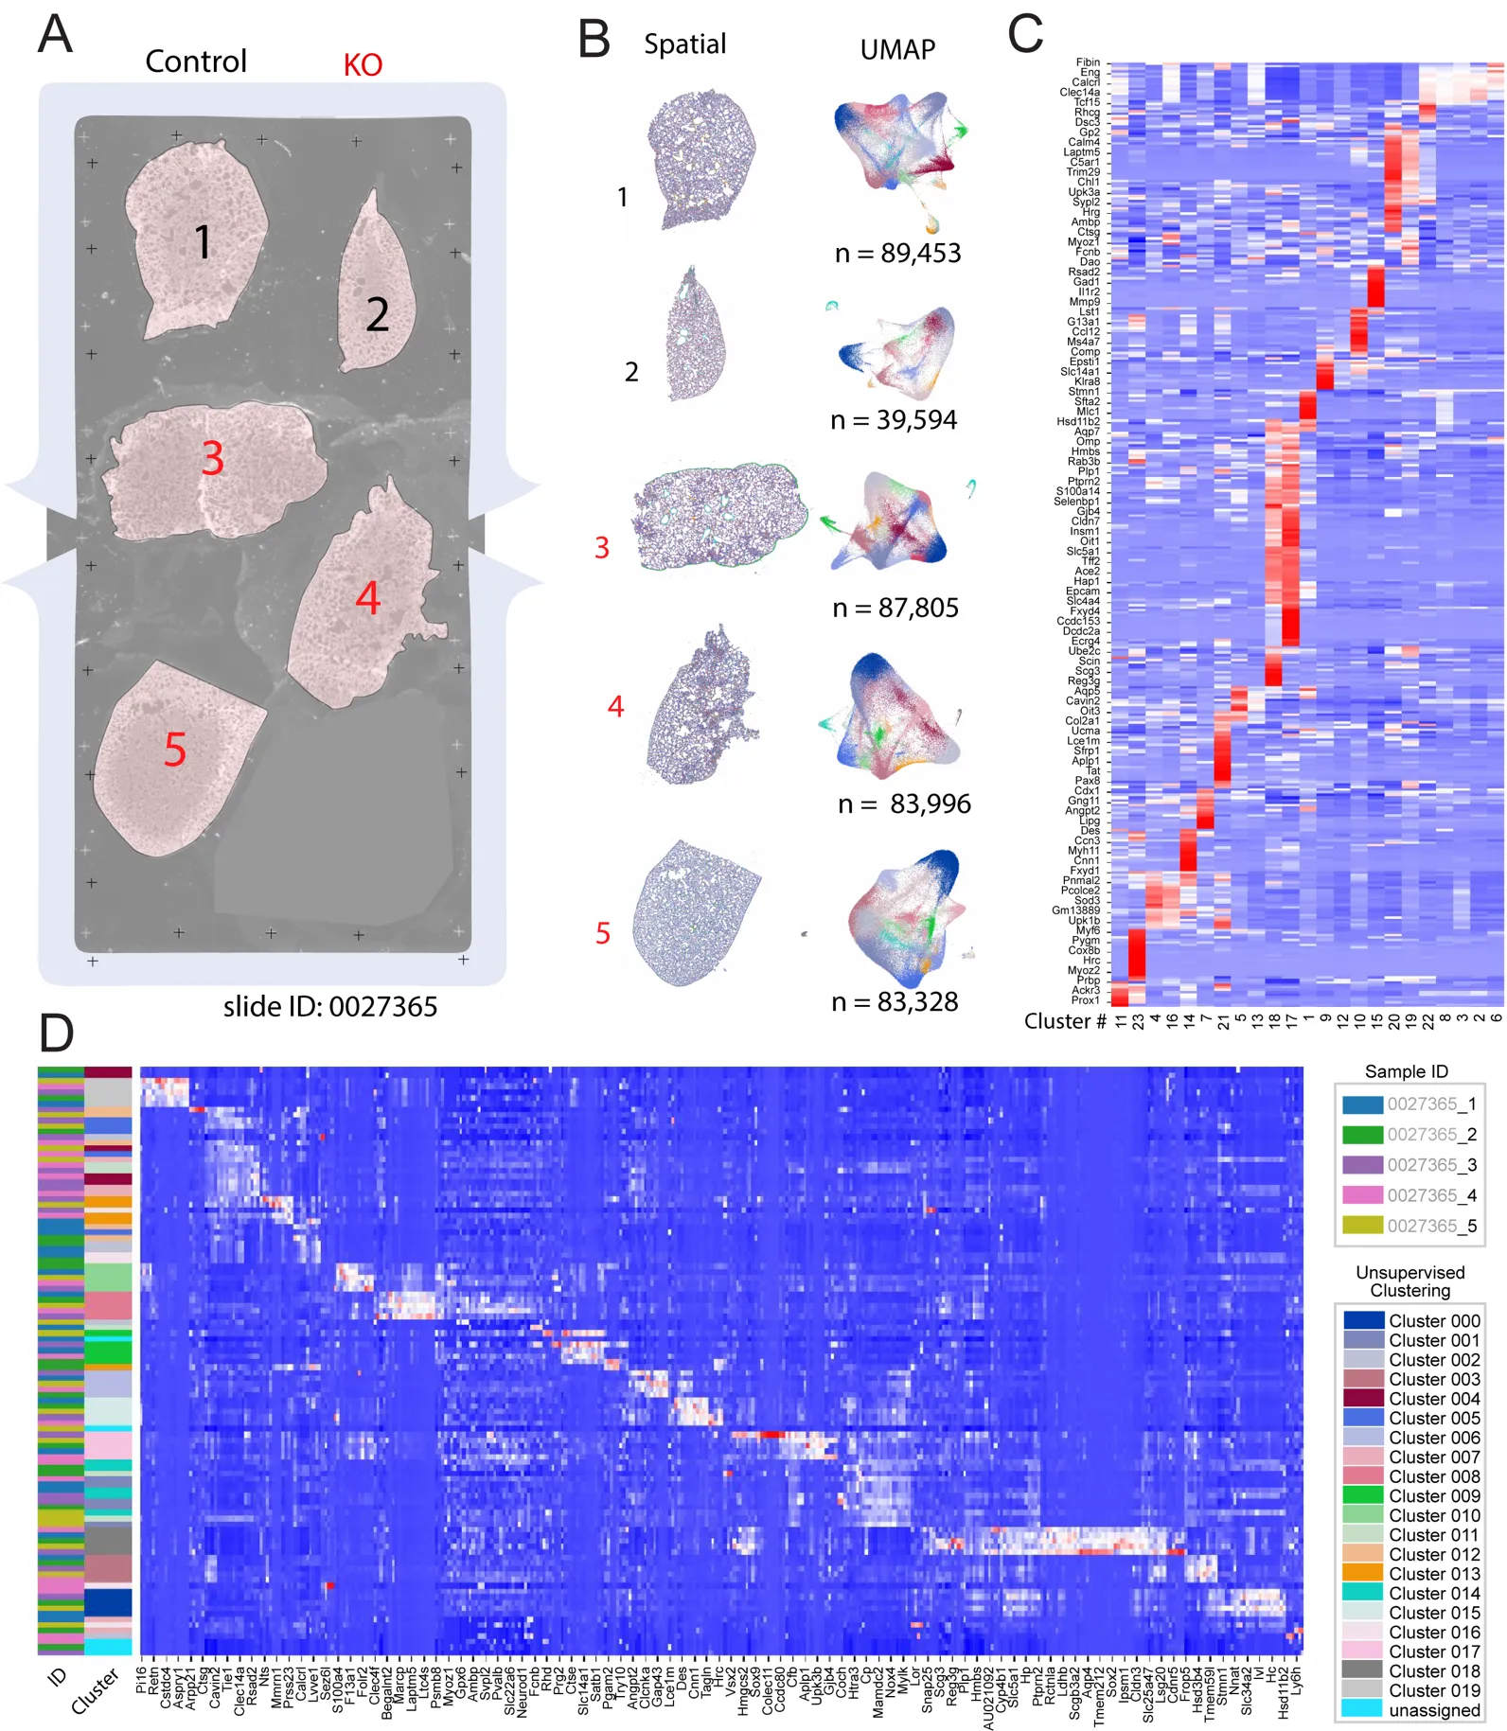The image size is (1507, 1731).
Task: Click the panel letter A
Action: tap(55, 35)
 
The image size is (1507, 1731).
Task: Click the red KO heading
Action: tap(363, 65)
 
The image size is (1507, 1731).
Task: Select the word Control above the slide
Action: tap(196, 62)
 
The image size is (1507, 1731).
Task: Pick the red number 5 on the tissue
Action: tap(175, 750)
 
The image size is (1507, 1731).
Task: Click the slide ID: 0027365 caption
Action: tap(330, 1006)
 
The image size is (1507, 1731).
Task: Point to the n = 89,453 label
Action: tap(897, 254)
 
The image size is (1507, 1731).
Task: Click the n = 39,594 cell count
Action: tap(894, 420)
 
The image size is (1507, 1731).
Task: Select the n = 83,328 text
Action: tap(895, 1001)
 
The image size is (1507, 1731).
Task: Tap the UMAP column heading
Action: tap(897, 49)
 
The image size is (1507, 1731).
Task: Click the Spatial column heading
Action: tap(684, 44)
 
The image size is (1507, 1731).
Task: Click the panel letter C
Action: tap(1025, 35)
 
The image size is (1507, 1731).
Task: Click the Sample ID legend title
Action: tap(1406, 1071)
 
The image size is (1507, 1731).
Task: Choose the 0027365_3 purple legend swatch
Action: tap(1362, 1165)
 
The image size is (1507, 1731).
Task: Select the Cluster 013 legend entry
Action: tap(1434, 1574)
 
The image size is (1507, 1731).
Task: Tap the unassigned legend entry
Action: tap(1434, 1710)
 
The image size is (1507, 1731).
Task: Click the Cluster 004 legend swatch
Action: tap(1364, 1399)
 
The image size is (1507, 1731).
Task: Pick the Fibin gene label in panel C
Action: tap(1088, 62)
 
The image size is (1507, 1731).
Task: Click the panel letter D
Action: tap(57, 1033)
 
